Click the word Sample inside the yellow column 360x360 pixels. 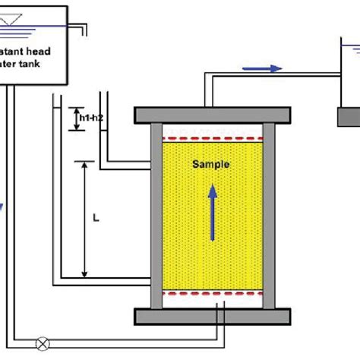coord(210,164)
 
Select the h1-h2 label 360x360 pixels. coord(90,118)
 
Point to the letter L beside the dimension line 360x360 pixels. coord(95,218)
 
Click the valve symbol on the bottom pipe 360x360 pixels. coord(43,344)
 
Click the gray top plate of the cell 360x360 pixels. coord(212,115)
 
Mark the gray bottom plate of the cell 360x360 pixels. coord(212,315)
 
